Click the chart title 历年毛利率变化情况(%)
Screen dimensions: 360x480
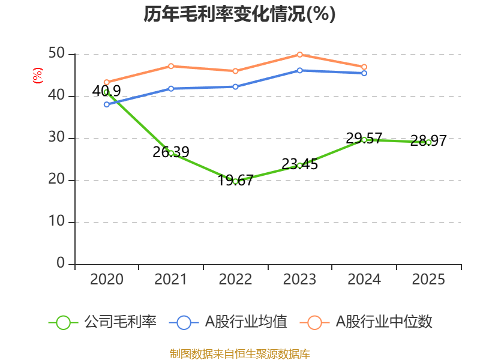click(239, 14)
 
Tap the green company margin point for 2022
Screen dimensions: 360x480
click(235, 181)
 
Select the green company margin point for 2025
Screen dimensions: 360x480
click(428, 142)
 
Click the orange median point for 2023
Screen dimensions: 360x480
click(300, 55)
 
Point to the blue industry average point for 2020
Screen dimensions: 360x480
click(106, 104)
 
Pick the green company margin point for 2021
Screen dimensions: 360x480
click(171, 153)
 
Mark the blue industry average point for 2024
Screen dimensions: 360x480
click(364, 73)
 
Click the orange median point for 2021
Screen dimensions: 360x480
click(171, 66)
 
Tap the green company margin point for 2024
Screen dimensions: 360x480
click(364, 140)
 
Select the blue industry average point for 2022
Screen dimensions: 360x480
click(235, 86)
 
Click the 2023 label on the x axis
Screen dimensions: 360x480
click(300, 280)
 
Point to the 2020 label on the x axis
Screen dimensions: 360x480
click(106, 280)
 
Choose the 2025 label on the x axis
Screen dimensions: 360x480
click(428, 280)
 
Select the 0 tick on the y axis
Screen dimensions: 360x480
click(61, 263)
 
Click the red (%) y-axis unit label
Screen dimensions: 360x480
click(37, 76)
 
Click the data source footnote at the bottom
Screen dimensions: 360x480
click(240, 353)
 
